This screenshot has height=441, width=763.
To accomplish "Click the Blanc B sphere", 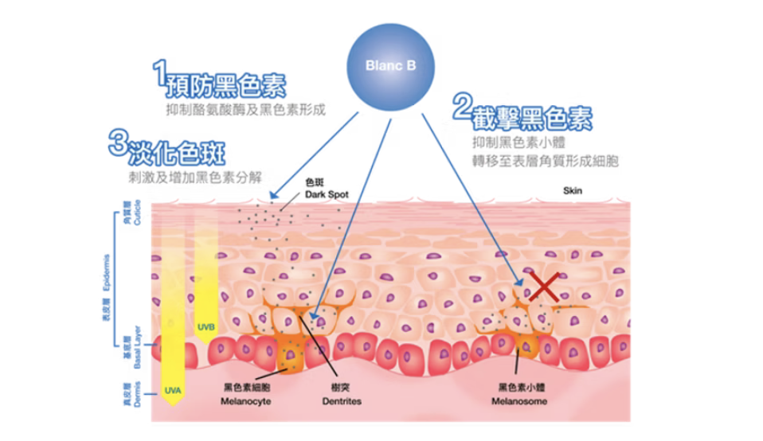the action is [390, 67].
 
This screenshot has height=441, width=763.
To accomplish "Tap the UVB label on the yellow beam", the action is [205, 326].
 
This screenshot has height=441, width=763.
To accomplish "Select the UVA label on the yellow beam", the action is [173, 391].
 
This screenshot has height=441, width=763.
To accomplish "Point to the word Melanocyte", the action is [245, 402].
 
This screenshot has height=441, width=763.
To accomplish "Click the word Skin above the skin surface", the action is [573, 191].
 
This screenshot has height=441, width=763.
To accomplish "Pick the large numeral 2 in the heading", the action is [460, 109].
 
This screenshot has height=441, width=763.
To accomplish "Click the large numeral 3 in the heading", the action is [118, 144].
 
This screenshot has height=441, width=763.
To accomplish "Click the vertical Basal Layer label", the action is [137, 347].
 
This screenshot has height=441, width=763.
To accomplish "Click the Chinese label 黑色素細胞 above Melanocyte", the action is [245, 388].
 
